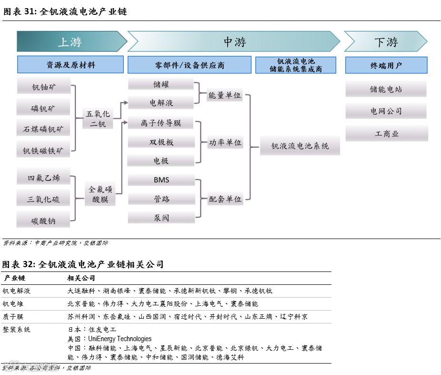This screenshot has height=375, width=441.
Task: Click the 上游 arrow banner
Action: [70, 42]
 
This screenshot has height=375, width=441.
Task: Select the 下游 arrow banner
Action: [385, 42]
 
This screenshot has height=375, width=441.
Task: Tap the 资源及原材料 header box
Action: [70, 65]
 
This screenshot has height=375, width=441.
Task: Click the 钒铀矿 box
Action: [43, 88]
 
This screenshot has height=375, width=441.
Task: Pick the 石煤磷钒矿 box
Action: [43, 129]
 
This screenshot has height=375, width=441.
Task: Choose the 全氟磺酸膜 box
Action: [100, 194]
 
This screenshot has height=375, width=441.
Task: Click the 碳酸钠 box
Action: [43, 220]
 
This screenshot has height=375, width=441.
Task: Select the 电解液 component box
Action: [161, 103]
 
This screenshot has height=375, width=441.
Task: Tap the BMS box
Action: [161, 180]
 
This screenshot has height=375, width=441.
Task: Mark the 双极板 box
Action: [161, 142]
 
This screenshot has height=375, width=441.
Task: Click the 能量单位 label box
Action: [225, 95]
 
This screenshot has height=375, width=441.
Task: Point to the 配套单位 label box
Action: [225, 199]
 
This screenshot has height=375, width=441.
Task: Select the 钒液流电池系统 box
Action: [300, 146]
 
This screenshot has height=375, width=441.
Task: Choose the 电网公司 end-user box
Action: [386, 111]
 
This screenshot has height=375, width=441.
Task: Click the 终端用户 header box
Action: [386, 65]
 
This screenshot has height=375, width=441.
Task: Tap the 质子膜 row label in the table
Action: [13, 316]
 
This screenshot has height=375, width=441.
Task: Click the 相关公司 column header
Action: [81, 278]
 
